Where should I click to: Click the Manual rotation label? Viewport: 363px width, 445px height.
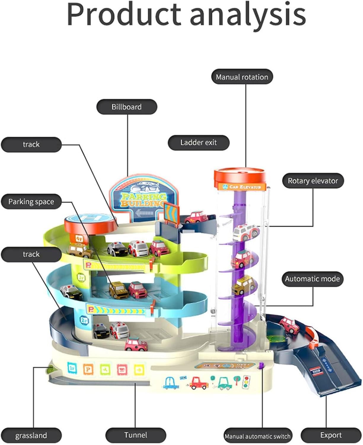pyautogui.click(x=242, y=77)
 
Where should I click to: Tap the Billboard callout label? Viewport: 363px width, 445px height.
pyautogui.click(x=127, y=107)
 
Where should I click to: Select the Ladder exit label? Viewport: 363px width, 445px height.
pyautogui.click(x=199, y=143)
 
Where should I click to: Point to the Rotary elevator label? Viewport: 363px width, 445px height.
pyautogui.click(x=313, y=181)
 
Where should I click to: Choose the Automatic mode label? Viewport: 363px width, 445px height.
pyautogui.click(x=312, y=279)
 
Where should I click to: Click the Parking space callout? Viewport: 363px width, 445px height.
pyautogui.click(x=31, y=202)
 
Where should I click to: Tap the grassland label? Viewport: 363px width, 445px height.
pyautogui.click(x=31, y=436)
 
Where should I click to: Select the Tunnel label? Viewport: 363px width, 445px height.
pyautogui.click(x=135, y=435)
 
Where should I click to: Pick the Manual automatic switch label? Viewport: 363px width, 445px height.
pyautogui.click(x=258, y=436)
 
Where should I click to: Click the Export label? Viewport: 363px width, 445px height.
pyautogui.click(x=331, y=435)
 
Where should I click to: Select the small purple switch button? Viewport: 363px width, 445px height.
pyautogui.click(x=261, y=365)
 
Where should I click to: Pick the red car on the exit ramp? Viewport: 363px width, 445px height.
pyautogui.click(x=290, y=325)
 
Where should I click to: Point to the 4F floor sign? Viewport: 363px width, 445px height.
pyautogui.click(x=79, y=238)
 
